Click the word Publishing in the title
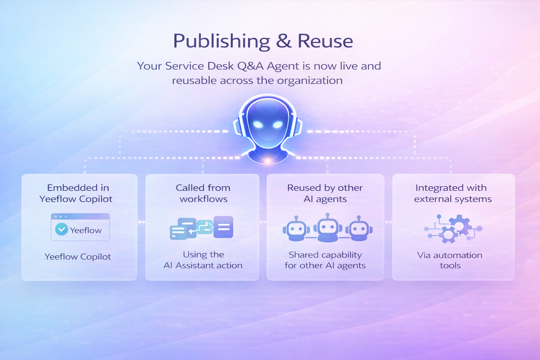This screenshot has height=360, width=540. click(221, 41)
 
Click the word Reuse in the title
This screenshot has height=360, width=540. click(325, 41)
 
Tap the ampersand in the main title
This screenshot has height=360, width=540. click(284, 41)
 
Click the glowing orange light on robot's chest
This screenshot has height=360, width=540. click(268, 160)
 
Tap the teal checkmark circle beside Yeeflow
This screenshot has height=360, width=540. click(62, 230)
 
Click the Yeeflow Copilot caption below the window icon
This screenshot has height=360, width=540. click(78, 257)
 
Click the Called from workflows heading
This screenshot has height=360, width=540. click(203, 193)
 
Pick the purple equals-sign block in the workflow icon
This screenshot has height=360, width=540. click(223, 227)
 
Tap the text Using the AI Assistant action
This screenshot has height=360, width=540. click(203, 260)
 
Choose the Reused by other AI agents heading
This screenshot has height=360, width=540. click(325, 193)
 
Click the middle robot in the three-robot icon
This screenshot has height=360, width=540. click(328, 228)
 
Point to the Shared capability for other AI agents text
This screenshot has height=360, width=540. click(325, 260)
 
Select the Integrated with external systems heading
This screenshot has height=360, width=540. click(452, 193)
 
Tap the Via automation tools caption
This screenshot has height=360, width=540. click(450, 260)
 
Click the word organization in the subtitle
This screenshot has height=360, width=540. click(310, 81)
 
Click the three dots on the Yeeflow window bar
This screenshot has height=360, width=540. click(60, 217)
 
